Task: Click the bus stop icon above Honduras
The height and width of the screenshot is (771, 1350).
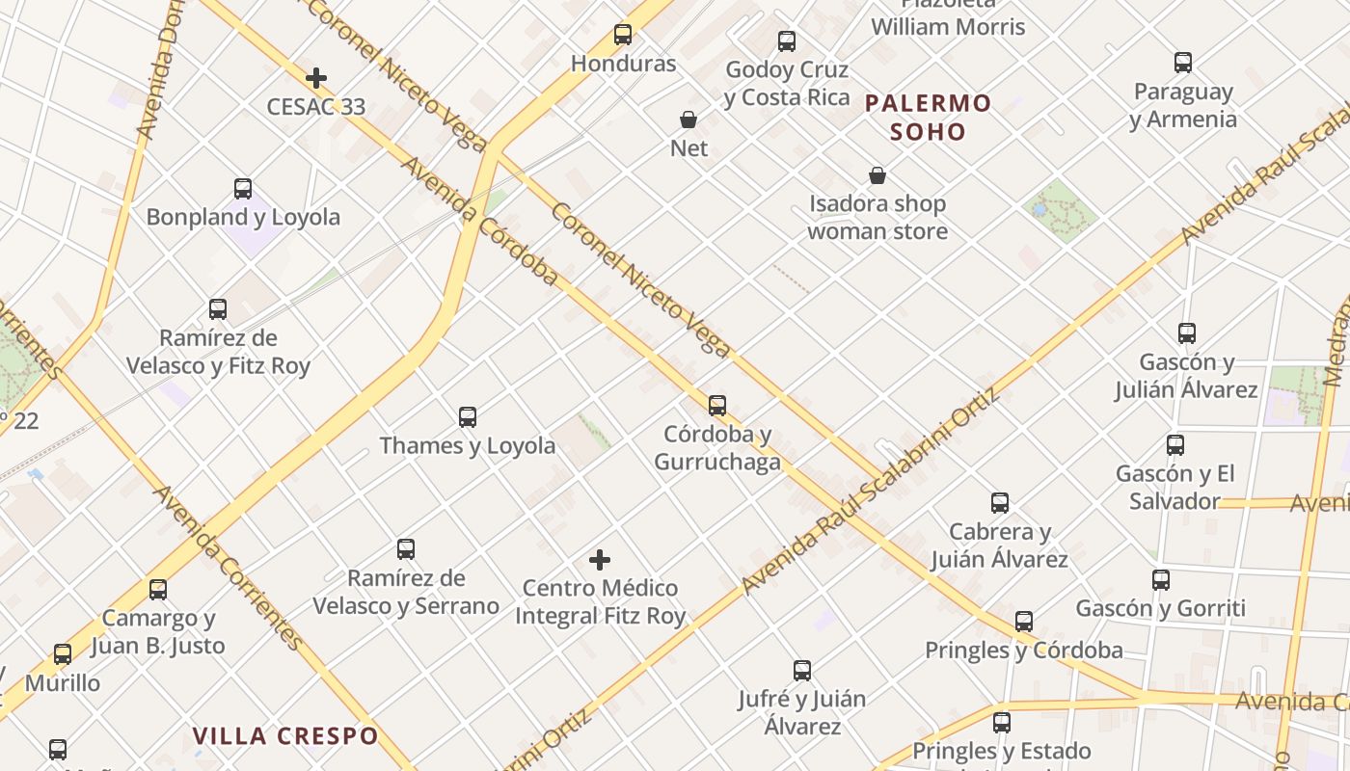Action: click(623, 35)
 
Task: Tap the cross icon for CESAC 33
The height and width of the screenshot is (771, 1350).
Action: click(315, 78)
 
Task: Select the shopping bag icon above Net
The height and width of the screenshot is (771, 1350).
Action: click(688, 120)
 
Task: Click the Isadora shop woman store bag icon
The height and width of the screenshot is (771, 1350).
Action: click(877, 175)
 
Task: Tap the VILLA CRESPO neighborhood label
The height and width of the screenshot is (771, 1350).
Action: click(285, 736)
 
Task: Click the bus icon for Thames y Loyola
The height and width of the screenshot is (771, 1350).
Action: click(468, 417)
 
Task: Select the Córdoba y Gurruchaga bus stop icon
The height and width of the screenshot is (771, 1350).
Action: click(716, 406)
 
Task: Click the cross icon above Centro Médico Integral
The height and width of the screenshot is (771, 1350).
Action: click(600, 560)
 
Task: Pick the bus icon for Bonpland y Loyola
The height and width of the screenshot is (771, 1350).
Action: click(243, 189)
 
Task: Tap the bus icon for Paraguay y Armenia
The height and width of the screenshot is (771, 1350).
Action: click(1183, 63)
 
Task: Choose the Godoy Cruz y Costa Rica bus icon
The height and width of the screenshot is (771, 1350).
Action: click(787, 41)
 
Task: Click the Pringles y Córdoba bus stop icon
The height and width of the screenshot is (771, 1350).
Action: click(1024, 622)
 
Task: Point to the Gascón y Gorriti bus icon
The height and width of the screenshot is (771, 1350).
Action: click(1161, 580)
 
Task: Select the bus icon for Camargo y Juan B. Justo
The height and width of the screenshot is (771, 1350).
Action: click(158, 590)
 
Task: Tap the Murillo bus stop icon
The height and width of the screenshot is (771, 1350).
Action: click(63, 654)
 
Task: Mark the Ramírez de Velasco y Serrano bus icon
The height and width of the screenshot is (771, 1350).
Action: click(406, 549)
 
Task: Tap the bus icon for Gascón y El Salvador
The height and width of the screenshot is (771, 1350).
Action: click(1174, 445)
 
